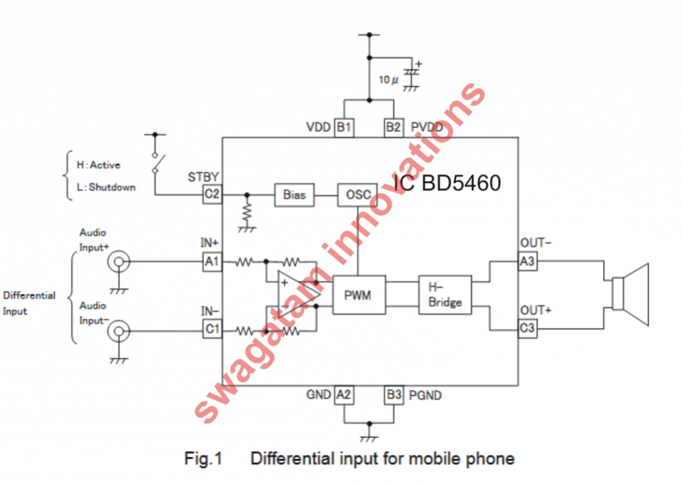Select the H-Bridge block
point(445,294)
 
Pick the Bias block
point(294,195)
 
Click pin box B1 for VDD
point(344,127)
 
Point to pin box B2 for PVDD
point(394,127)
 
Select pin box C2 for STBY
point(212,195)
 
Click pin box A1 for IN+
point(212,262)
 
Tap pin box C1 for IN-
point(212,329)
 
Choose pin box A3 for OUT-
point(528,262)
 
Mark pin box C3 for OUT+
point(528,329)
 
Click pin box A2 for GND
point(344,395)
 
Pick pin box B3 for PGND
point(394,395)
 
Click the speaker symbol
point(630,295)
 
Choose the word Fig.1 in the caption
point(202,459)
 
